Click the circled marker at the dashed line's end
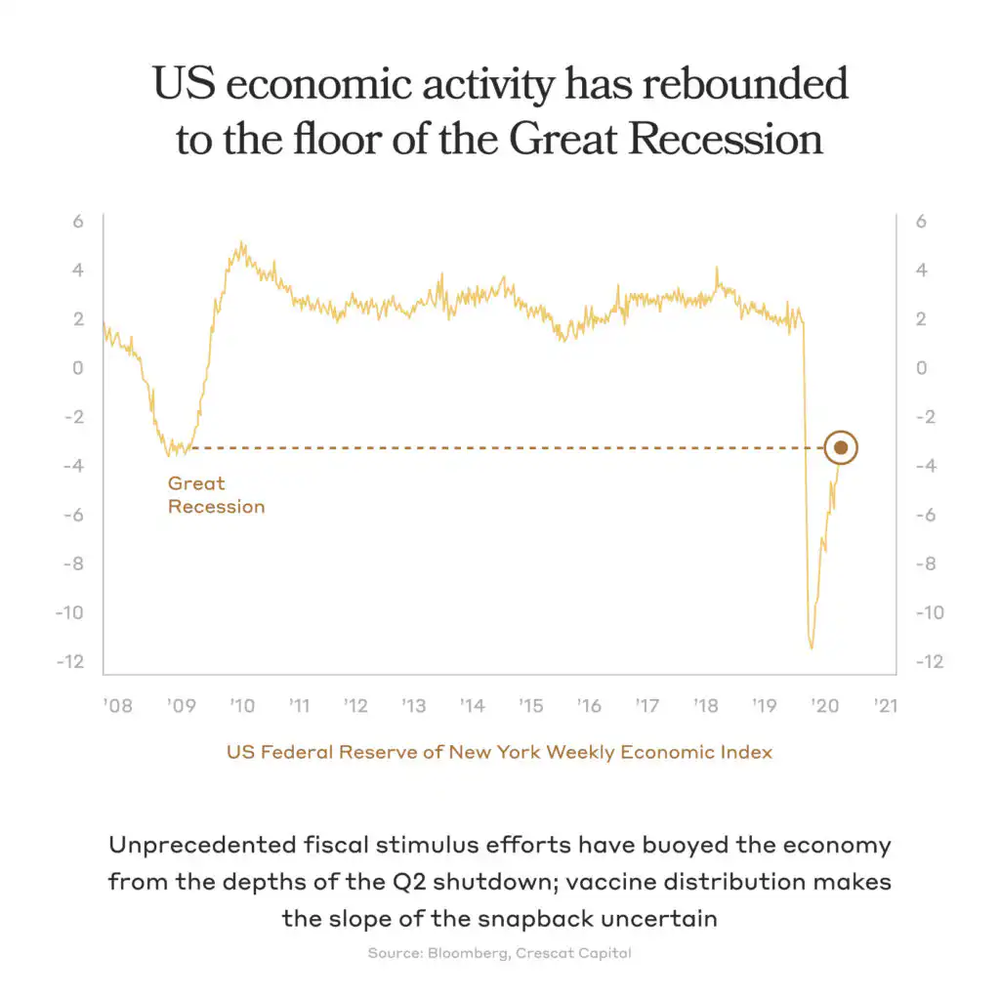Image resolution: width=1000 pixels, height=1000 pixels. (841, 448)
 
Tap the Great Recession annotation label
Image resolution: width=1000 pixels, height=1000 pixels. (216, 494)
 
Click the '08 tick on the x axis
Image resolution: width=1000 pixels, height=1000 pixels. (117, 706)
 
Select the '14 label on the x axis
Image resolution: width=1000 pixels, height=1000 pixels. (472, 706)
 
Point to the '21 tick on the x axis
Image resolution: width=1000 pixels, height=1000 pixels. (886, 706)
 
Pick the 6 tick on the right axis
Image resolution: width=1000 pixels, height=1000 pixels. (920, 222)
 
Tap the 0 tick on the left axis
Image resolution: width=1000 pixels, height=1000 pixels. (77, 368)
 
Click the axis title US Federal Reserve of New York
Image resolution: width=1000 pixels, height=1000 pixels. (385, 752)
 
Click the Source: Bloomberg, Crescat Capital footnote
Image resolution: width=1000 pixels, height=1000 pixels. (499, 953)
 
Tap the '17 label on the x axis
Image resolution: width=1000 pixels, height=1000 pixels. (646, 706)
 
